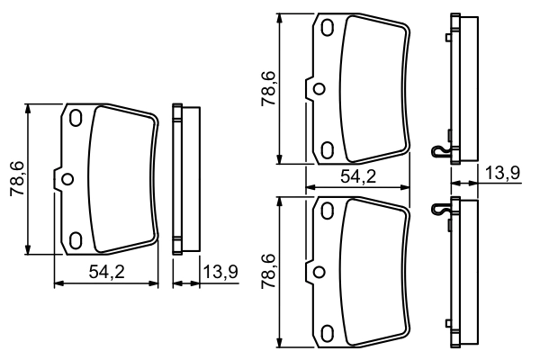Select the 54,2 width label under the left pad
coord(106,273)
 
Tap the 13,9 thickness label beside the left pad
coord(219,273)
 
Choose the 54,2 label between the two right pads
coord(358,177)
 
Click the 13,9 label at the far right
coord(503,174)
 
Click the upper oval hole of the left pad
coord(76,118)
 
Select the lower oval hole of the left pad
coord(76,239)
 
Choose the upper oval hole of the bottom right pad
coord(327,211)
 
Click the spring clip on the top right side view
coord(439,151)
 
